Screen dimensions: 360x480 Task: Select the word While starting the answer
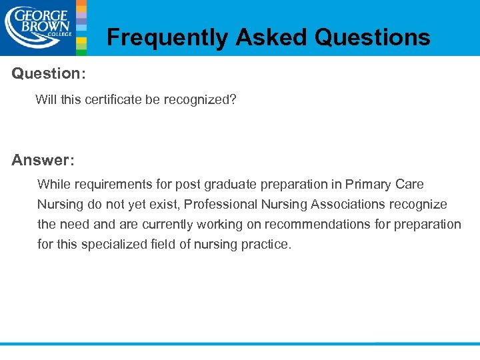[x=53, y=184]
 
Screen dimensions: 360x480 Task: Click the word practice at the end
[x=269, y=244]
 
